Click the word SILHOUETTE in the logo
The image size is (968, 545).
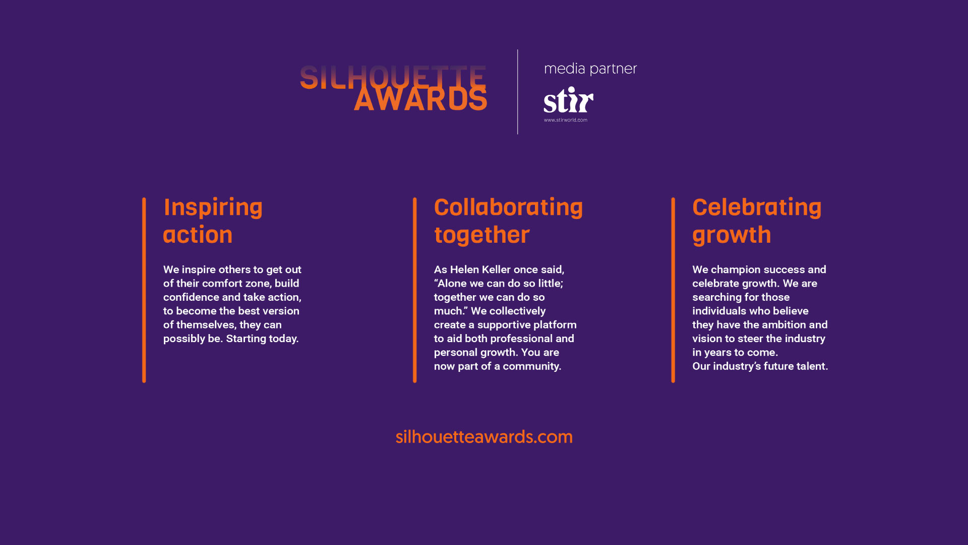(x=393, y=78)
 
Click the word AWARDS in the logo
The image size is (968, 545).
(x=420, y=98)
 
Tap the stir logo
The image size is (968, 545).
(x=568, y=100)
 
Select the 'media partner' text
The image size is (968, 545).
(x=590, y=69)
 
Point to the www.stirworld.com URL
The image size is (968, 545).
(x=566, y=120)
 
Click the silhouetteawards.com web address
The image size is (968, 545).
(x=484, y=437)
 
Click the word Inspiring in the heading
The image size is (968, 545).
(x=213, y=208)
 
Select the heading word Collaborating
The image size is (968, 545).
(x=508, y=207)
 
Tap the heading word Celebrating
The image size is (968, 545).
(x=757, y=207)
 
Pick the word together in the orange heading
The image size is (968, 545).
(x=482, y=235)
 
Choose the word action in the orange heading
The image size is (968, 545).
(x=198, y=235)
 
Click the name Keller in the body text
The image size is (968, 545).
(x=496, y=269)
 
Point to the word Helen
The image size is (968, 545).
(x=464, y=269)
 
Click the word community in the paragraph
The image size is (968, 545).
(x=532, y=366)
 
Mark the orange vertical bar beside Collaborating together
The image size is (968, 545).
(x=415, y=290)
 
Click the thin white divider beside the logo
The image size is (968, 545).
(x=518, y=92)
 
